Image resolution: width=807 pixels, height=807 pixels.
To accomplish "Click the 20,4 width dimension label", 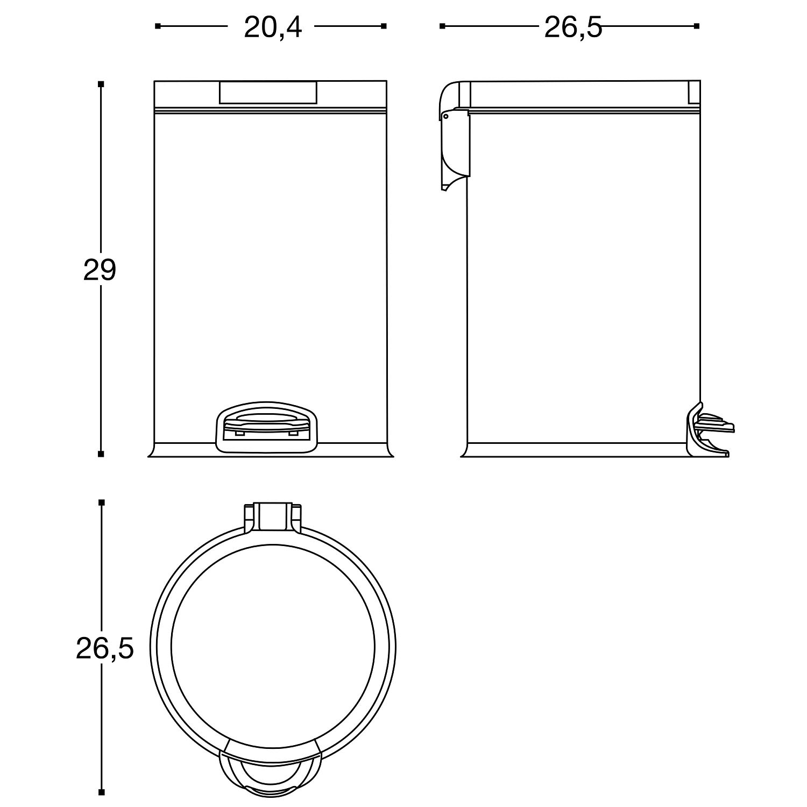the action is pos(273,27).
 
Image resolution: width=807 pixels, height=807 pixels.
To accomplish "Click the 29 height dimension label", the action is pos(100,270).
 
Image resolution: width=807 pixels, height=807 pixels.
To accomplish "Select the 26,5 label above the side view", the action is pos(573,27).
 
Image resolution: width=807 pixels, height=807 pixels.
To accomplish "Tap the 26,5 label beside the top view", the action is pos(104,649).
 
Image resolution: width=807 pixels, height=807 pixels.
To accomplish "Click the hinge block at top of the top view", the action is pos(272,518).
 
